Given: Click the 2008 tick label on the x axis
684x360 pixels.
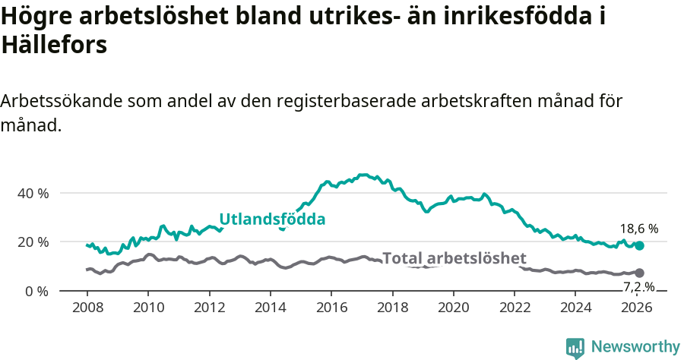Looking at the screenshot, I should (x=87, y=308).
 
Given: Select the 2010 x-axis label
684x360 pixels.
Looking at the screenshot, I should (x=148, y=308).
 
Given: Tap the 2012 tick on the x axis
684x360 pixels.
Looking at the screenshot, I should (x=209, y=308).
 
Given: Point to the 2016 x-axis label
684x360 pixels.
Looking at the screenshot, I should (x=331, y=308).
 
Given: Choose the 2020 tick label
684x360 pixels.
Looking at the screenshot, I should (x=454, y=308).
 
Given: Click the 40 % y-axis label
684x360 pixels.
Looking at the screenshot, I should (x=33, y=193).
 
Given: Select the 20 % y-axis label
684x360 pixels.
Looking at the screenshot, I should (x=33, y=242).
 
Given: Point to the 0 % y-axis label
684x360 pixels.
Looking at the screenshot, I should (x=36, y=291).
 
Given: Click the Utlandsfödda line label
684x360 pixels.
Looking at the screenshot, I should (x=272, y=219).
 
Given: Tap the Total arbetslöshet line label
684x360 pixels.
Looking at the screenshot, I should (x=454, y=258).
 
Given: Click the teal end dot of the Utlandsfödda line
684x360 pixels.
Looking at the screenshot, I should (x=640, y=245).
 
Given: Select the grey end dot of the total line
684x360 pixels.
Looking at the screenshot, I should (x=639, y=273).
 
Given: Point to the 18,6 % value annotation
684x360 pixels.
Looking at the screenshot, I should (x=639, y=228).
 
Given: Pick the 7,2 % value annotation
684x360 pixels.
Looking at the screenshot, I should (x=639, y=287).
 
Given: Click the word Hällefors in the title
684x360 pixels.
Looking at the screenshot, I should (x=54, y=45).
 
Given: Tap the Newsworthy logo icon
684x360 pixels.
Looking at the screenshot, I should (x=575, y=347).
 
